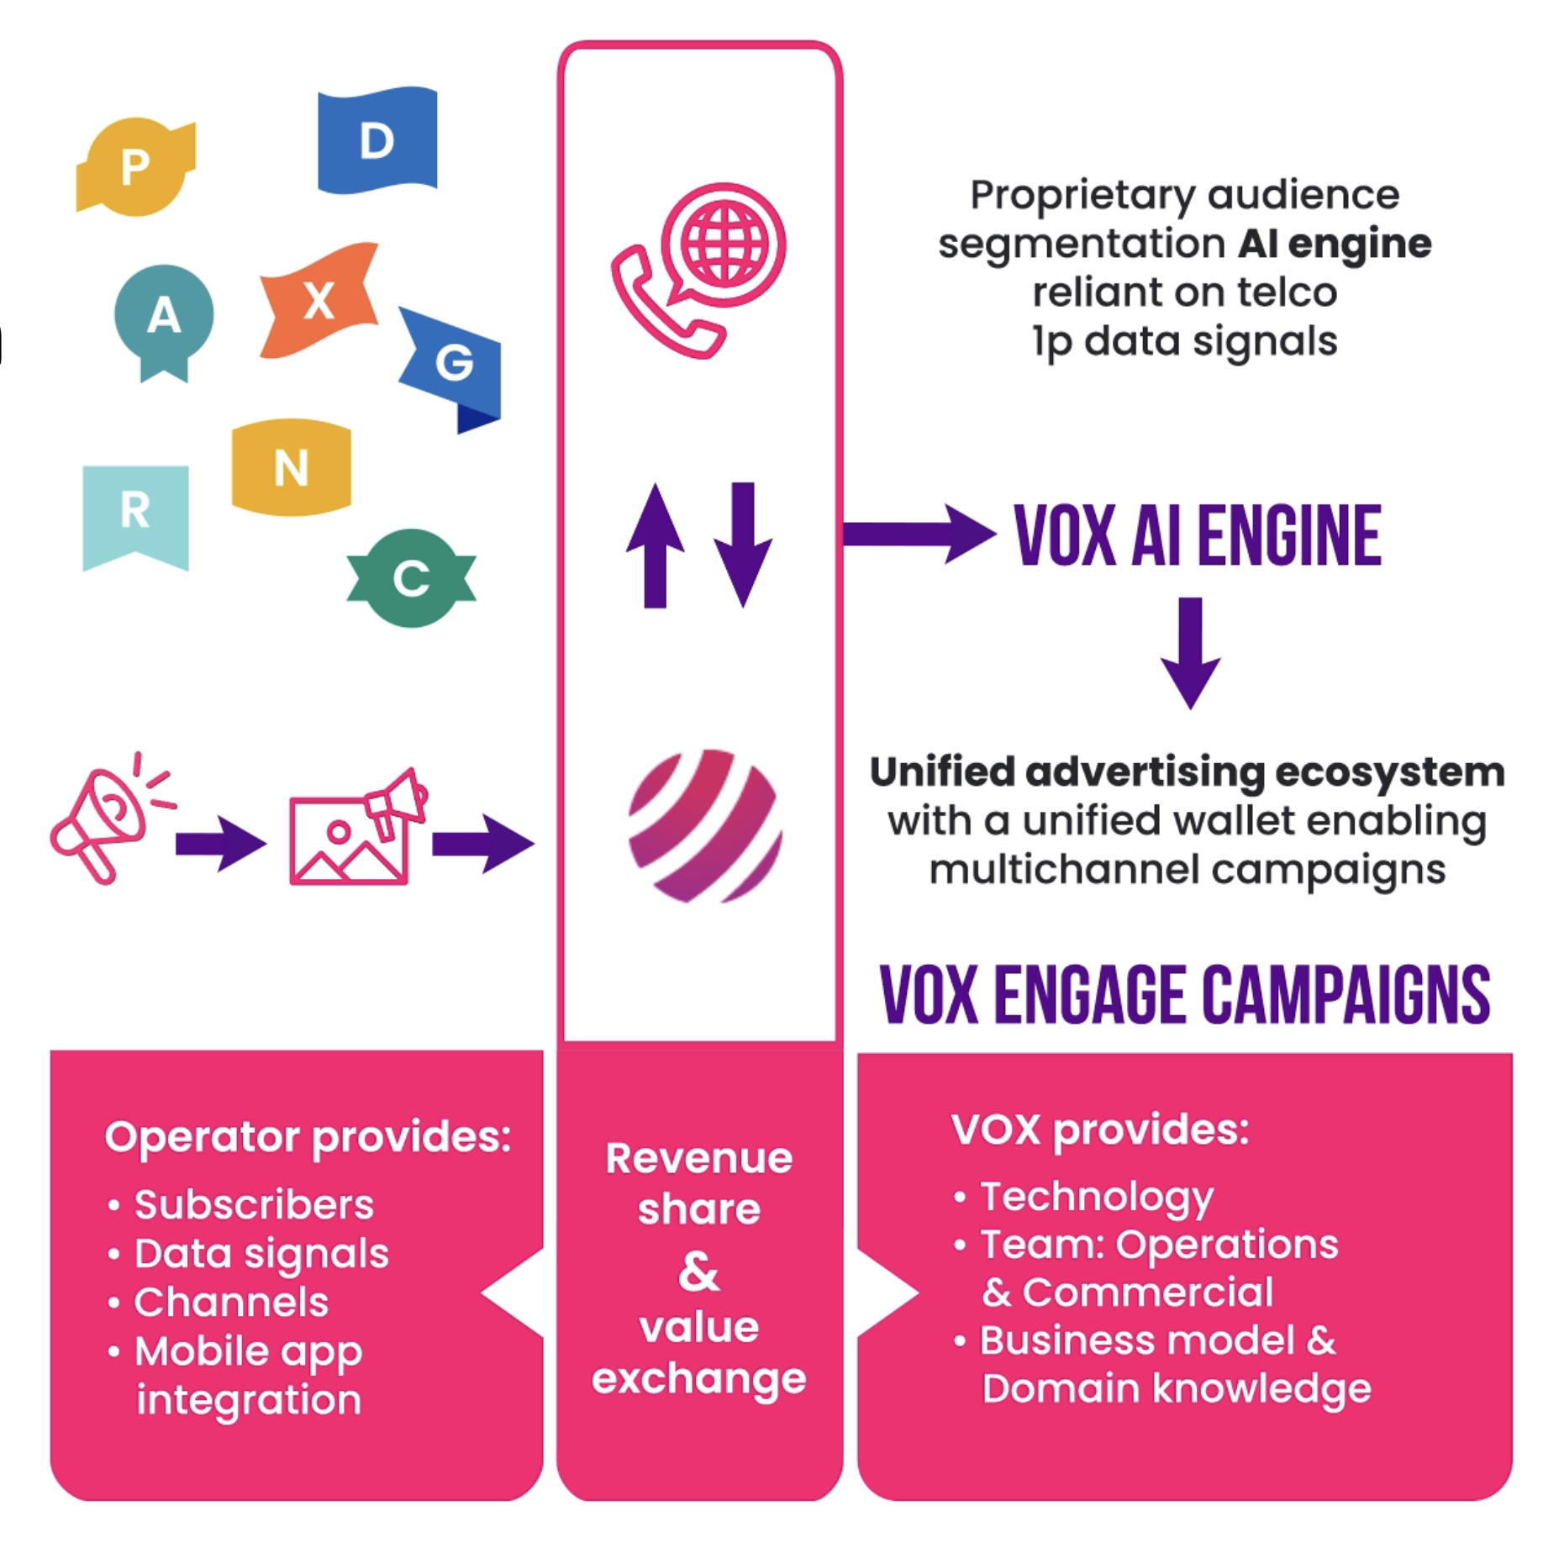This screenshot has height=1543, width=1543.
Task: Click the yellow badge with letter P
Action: click(x=135, y=166)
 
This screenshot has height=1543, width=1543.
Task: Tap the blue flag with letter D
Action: click(x=377, y=140)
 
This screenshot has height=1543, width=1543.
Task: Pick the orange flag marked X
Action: click(x=319, y=300)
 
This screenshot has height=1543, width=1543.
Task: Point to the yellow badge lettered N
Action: click(x=291, y=467)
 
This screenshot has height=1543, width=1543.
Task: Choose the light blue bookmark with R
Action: click(x=135, y=513)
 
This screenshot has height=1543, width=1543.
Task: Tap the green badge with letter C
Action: click(x=411, y=578)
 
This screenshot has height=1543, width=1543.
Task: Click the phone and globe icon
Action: click(x=699, y=269)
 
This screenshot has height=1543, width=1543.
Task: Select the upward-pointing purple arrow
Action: click(x=656, y=545)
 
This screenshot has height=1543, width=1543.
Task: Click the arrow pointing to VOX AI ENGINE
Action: click(x=919, y=534)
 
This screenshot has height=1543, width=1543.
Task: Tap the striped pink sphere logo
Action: click(x=705, y=826)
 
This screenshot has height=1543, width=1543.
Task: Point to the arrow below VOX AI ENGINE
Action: click(x=1190, y=652)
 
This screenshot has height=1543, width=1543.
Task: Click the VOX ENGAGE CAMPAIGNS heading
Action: click(x=1185, y=995)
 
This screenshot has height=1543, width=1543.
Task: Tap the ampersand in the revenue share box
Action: click(x=699, y=1271)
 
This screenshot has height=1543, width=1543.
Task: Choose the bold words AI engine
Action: click(x=1335, y=244)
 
